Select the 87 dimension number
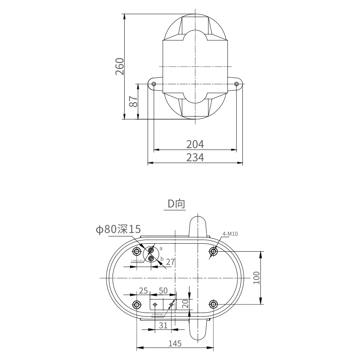pyautogui.click(x=133, y=102)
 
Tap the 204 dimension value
pyautogui.click(x=195, y=144)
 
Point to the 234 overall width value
pyautogui.click(x=195, y=158)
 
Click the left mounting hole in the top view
pyautogui.click(x=154, y=84)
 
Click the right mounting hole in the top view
pyautogui.click(x=236, y=84)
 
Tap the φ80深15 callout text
pyautogui.click(x=118, y=229)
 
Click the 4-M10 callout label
pyautogui.click(x=230, y=234)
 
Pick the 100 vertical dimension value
pyautogui.click(x=256, y=278)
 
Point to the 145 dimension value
pyautogui.click(x=175, y=343)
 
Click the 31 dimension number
pyautogui.click(x=163, y=325)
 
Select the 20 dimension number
pyautogui.click(x=185, y=304)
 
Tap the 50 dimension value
pyautogui.click(x=163, y=291)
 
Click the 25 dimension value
pyautogui.click(x=143, y=291)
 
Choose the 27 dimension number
pyautogui.click(x=170, y=262)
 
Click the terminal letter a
pyautogui.click(x=161, y=248)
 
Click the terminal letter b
pyautogui.click(x=162, y=258)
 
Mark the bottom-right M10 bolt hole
pyautogui.click(x=213, y=305)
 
